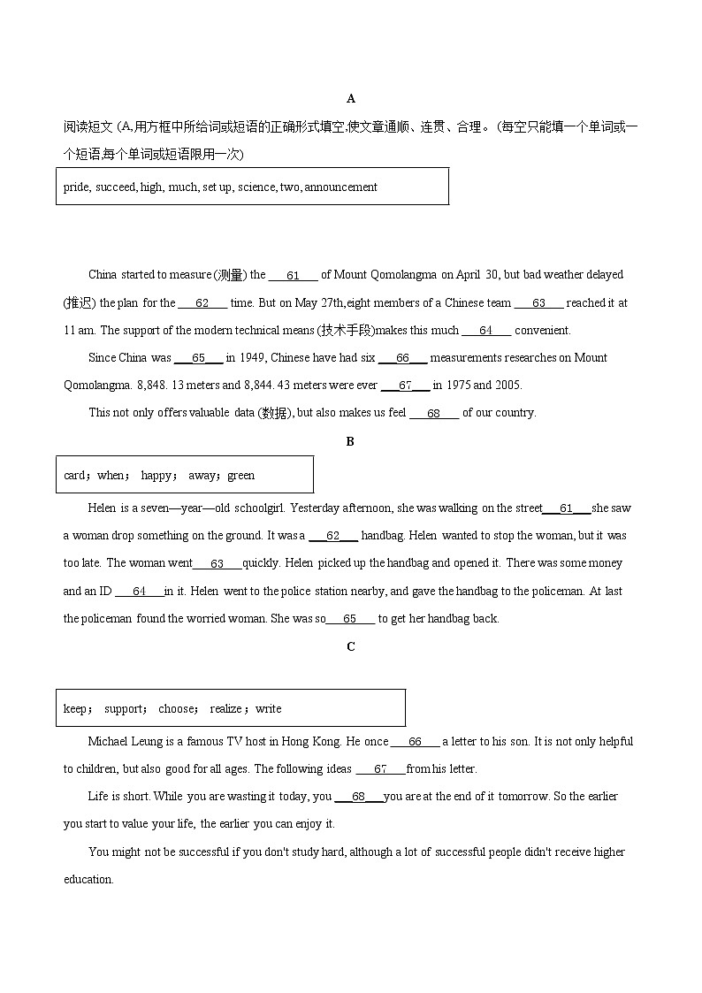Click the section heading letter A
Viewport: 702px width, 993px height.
(x=351, y=98)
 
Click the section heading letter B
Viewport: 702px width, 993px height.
(x=350, y=441)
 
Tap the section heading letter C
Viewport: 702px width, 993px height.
(x=351, y=646)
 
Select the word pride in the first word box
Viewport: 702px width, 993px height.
(x=76, y=187)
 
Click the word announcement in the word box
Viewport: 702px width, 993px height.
(x=341, y=187)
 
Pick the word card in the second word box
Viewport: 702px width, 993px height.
(x=74, y=475)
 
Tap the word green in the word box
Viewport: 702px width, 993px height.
(x=240, y=475)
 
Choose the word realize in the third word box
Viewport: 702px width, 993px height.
(x=226, y=708)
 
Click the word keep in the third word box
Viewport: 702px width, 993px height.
(x=75, y=708)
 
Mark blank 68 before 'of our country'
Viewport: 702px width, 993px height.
(x=433, y=413)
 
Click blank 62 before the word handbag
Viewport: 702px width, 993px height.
(x=333, y=536)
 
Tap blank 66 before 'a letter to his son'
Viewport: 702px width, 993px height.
(x=416, y=742)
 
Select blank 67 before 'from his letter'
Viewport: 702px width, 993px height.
(x=381, y=769)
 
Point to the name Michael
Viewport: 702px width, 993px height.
(x=108, y=742)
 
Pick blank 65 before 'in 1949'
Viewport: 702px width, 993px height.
(x=199, y=358)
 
